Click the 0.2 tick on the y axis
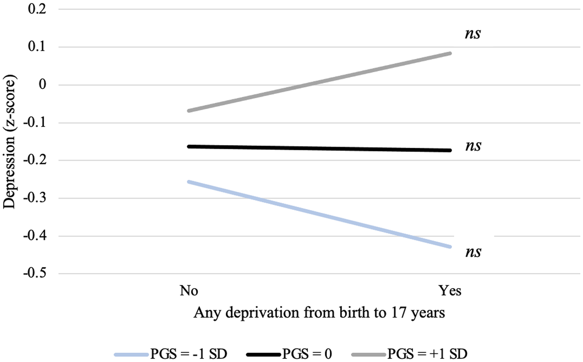(x=37, y=9)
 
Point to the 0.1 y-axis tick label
(x=37, y=47)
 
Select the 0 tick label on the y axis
(x=43, y=85)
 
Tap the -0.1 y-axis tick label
(x=35, y=123)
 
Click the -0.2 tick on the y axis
(x=35, y=160)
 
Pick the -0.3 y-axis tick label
(x=35, y=198)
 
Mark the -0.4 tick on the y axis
(x=35, y=236)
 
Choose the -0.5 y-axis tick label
(x=35, y=274)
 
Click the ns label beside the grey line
(x=473, y=34)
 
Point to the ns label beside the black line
(x=473, y=146)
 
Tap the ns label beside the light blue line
(x=473, y=252)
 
